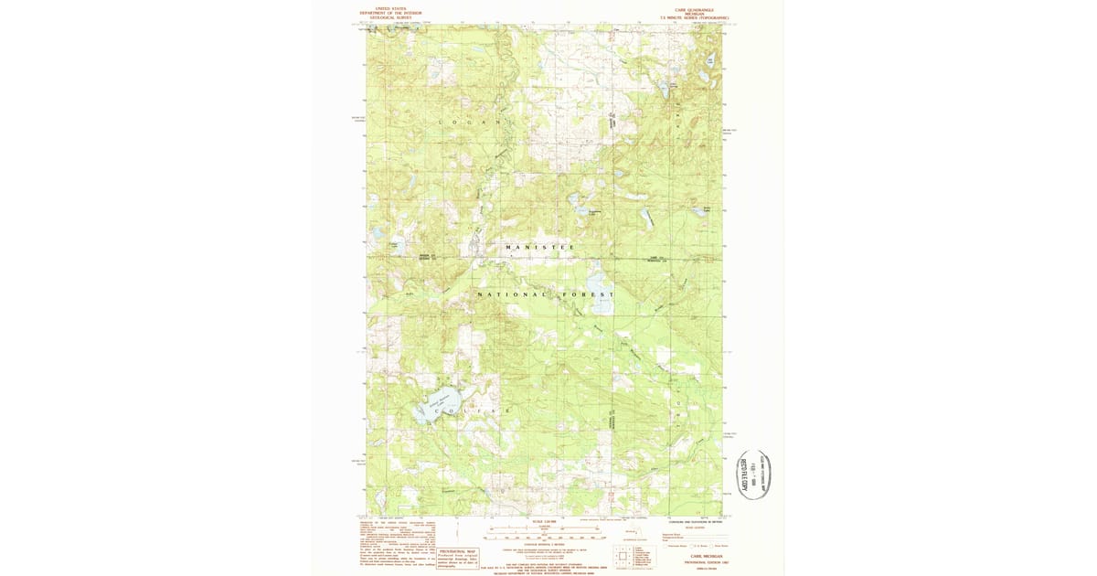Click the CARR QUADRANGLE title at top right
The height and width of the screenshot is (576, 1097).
(x=696, y=9)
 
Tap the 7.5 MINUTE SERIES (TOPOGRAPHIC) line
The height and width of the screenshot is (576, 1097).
(x=696, y=17)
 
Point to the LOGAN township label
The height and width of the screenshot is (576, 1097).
(x=470, y=122)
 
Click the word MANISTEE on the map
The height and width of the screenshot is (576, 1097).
(x=541, y=248)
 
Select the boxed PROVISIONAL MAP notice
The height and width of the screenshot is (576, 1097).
(x=459, y=558)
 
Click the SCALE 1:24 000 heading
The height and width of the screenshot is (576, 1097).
(x=544, y=522)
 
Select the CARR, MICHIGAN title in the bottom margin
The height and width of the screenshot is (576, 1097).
(x=696, y=556)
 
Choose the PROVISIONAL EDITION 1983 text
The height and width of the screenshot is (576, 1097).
(x=696, y=562)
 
